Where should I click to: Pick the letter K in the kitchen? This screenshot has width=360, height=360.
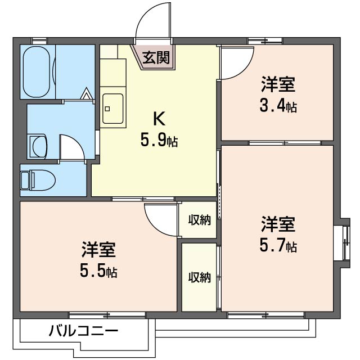pyautogui.click(x=159, y=119)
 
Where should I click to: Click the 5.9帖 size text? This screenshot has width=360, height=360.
pyautogui.click(x=159, y=141)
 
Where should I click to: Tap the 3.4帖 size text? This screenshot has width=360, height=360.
pyautogui.click(x=278, y=106)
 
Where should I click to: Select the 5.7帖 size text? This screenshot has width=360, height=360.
pyautogui.click(x=278, y=245)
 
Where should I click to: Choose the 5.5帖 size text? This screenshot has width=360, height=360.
pyautogui.click(x=98, y=271)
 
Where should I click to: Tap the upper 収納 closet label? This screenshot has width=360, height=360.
pyautogui.click(x=199, y=220)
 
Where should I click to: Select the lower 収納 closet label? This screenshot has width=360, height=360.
pyautogui.click(x=199, y=277)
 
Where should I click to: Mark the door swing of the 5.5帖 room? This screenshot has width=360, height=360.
pyautogui.click(x=160, y=218)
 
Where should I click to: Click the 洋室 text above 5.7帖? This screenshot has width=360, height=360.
pyautogui.click(x=278, y=225)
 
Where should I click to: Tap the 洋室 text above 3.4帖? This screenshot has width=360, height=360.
pyautogui.click(x=278, y=85)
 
